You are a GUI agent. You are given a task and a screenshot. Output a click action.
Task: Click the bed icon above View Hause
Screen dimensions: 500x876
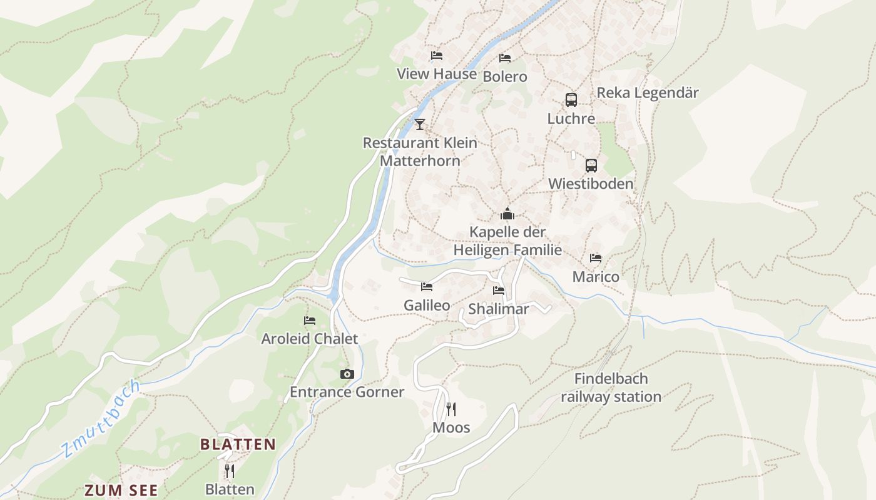point(437,56)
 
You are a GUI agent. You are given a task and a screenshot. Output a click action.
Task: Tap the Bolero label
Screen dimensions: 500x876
point(505,77)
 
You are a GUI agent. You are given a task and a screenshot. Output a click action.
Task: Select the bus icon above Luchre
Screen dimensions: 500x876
point(571,99)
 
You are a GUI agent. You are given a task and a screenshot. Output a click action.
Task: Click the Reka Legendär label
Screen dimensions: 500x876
point(648,93)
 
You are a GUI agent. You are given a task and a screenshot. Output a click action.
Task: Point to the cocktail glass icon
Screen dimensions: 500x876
point(419,124)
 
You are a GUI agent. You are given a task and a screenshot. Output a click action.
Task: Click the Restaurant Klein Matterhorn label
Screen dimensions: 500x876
point(420,152)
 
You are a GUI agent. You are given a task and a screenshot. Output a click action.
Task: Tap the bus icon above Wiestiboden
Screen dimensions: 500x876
point(591,166)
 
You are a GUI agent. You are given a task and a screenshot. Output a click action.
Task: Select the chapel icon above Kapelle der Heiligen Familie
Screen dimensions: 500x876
point(507,214)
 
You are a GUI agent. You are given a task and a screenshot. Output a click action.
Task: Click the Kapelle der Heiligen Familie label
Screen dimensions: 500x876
point(507,241)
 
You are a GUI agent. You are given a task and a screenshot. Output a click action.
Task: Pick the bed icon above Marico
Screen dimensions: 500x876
point(596,258)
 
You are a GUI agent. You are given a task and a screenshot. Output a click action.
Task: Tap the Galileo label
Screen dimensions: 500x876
point(427,306)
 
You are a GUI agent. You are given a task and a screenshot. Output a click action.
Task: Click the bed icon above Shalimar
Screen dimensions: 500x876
point(499,291)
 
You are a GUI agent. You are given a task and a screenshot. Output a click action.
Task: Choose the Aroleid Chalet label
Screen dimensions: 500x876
point(310,339)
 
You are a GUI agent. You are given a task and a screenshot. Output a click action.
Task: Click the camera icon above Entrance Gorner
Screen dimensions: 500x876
point(347,374)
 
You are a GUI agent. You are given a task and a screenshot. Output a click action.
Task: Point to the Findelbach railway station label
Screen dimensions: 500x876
point(611,387)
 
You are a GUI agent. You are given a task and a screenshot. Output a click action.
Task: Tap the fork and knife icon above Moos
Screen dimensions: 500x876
point(451,409)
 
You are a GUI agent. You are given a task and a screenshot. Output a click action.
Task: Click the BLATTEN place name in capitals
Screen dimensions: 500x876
point(238,444)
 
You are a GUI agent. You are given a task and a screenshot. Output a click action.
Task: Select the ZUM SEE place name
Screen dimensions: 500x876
point(121,491)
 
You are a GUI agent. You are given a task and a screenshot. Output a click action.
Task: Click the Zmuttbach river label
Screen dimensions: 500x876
point(100,419)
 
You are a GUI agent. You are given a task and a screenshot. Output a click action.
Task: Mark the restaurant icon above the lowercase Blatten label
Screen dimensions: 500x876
point(230,471)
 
